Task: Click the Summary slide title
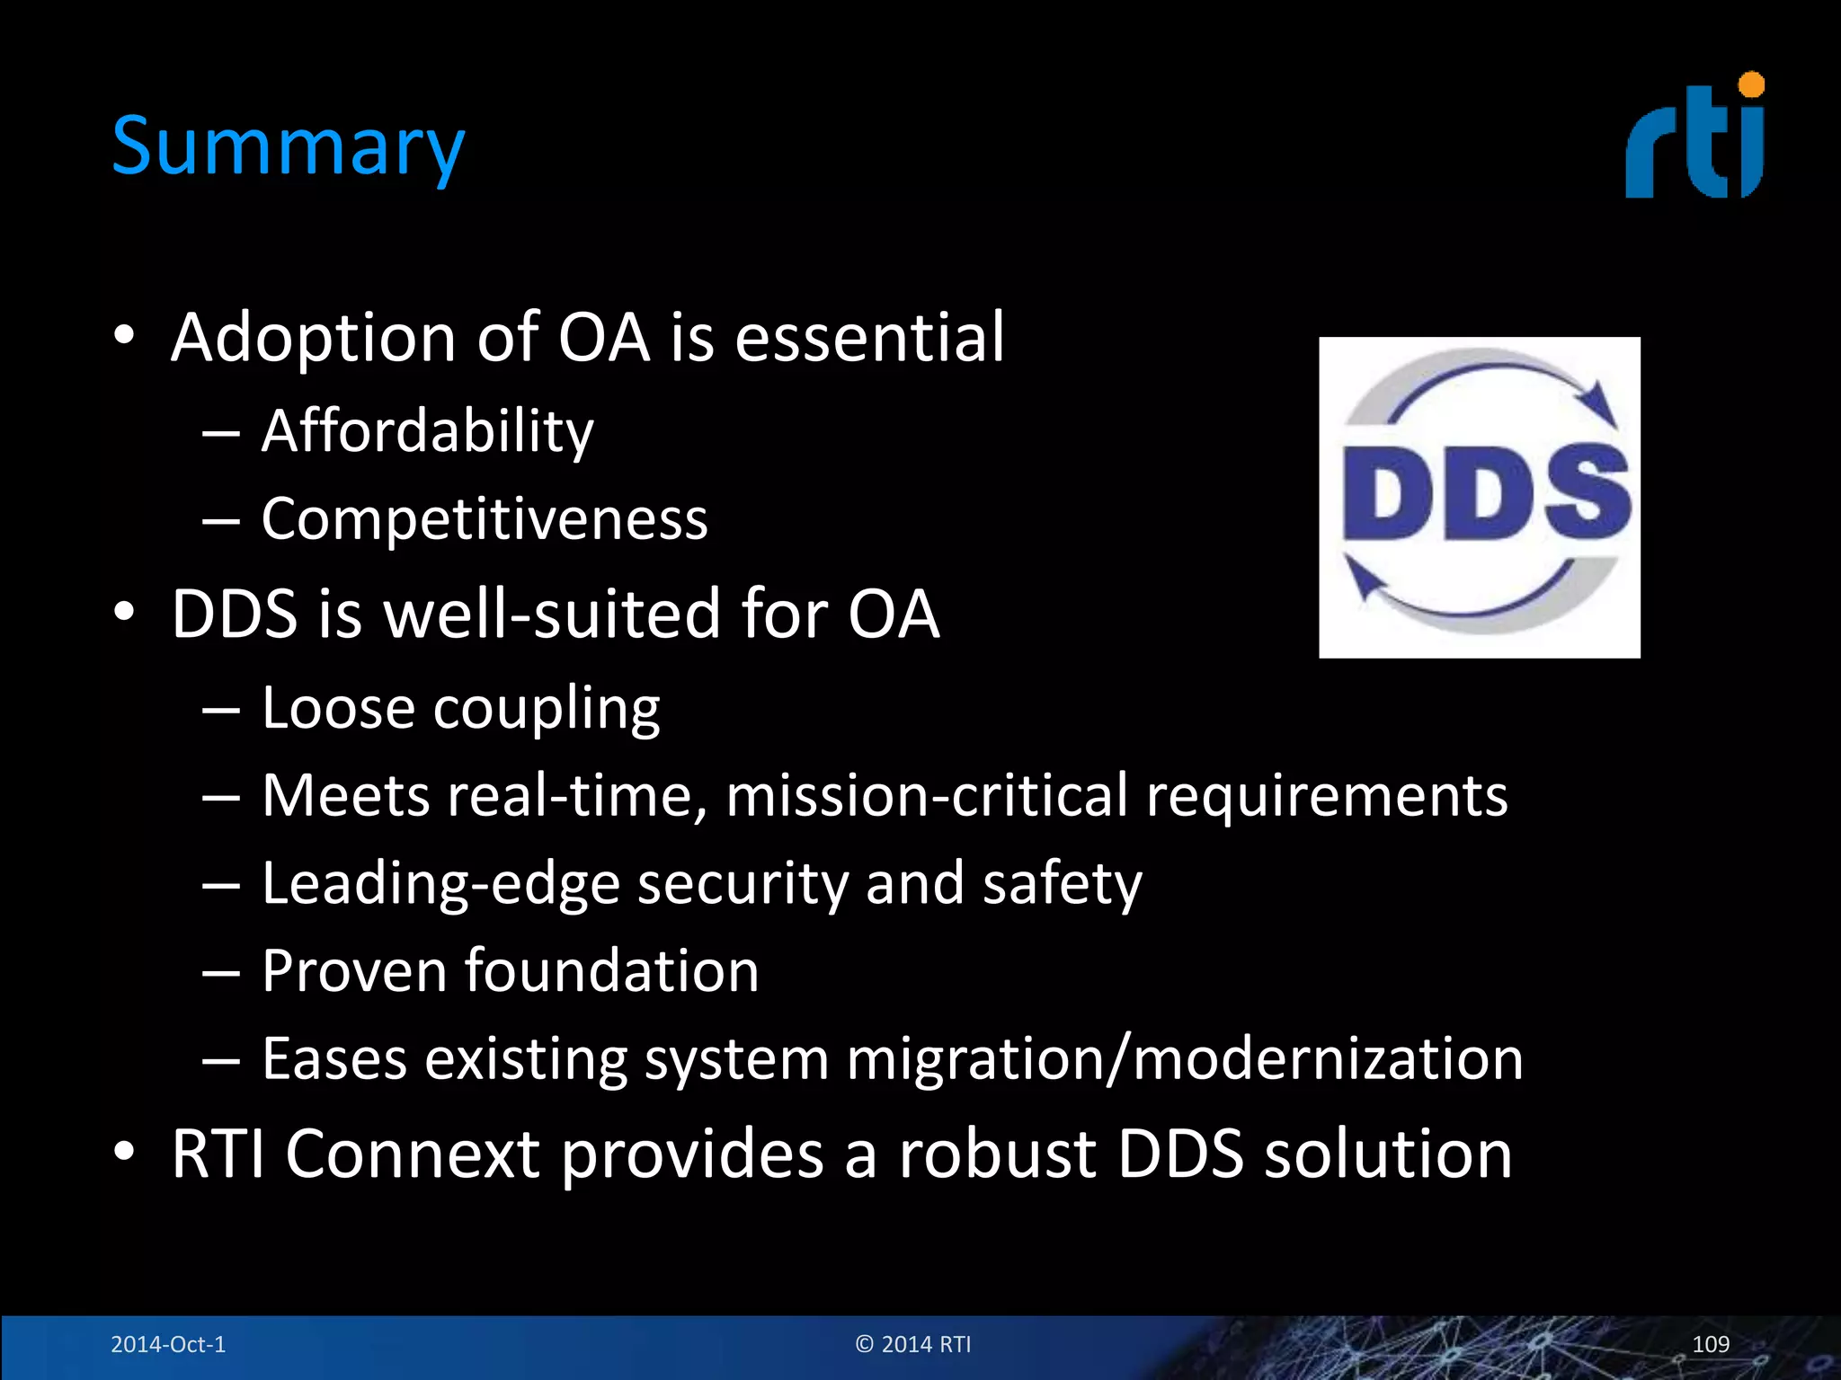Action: click(x=288, y=146)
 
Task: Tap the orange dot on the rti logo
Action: click(x=1751, y=85)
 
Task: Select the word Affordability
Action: click(x=427, y=432)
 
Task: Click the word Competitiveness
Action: click(x=485, y=519)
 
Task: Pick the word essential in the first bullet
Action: click(x=869, y=337)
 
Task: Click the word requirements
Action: click(x=1327, y=796)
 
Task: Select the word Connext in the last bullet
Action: click(x=413, y=1154)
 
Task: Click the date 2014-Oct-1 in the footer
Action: click(x=168, y=1344)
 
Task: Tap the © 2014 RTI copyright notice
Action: click(x=913, y=1344)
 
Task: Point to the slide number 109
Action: click(x=1710, y=1344)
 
